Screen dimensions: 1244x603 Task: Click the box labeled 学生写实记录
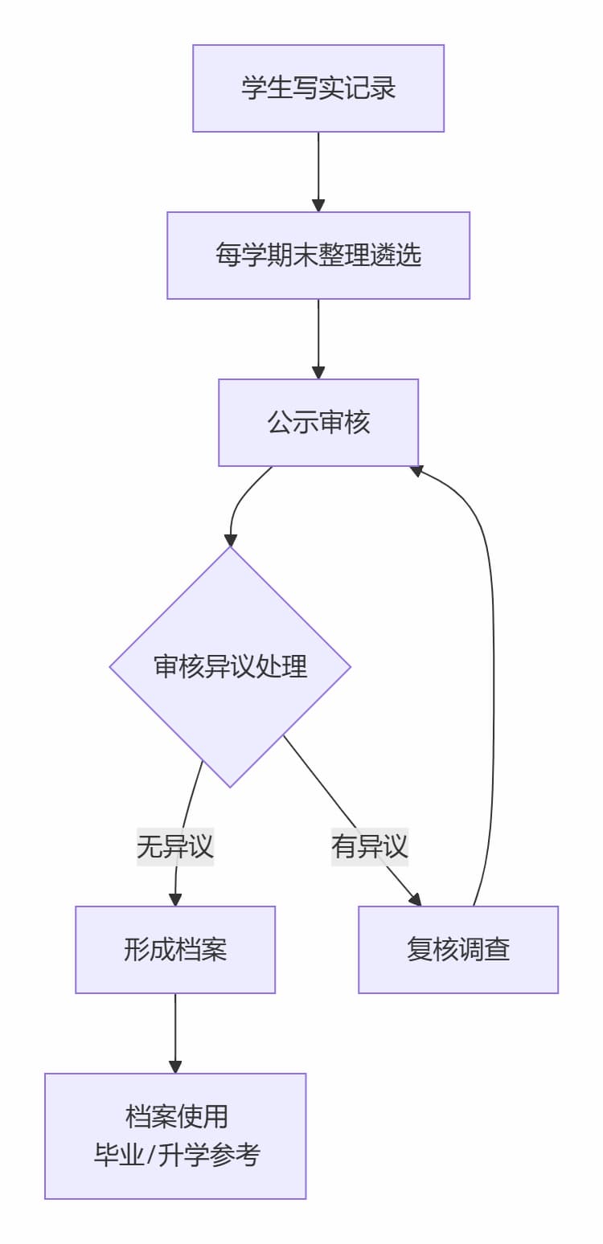(x=318, y=88)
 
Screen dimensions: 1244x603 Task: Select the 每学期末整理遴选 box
(x=318, y=256)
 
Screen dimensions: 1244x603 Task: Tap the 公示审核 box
(x=318, y=423)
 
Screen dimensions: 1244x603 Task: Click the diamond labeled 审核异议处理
(x=230, y=667)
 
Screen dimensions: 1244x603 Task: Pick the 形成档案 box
(x=175, y=950)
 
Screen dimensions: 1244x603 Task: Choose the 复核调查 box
(x=458, y=950)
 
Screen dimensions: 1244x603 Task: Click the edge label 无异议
(x=175, y=846)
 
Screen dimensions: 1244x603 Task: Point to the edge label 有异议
(x=370, y=846)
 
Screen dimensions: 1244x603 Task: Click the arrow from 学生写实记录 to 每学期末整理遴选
(x=318, y=169)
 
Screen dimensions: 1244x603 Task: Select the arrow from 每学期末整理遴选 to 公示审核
(x=318, y=336)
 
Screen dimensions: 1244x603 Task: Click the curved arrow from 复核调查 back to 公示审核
(x=492, y=683)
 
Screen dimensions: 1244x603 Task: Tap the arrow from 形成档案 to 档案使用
(x=175, y=1032)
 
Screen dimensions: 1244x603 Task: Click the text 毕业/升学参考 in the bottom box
(x=177, y=1156)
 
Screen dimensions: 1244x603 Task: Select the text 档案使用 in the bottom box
(x=177, y=1117)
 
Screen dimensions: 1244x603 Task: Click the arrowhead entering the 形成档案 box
(x=175, y=900)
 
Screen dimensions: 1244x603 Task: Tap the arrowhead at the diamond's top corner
(x=230, y=540)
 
